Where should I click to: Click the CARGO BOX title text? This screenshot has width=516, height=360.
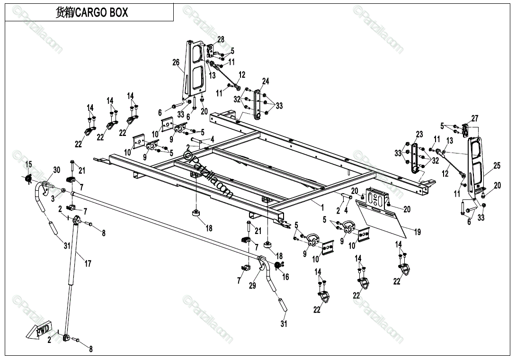click(x=92, y=13)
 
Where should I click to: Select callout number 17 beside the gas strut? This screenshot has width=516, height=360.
click(x=88, y=264)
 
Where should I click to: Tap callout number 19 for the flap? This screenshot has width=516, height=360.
click(x=417, y=232)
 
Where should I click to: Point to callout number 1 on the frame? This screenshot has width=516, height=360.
click(x=322, y=207)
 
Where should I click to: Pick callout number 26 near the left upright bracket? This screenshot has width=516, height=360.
click(x=176, y=63)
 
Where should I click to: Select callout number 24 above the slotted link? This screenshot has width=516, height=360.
click(x=266, y=81)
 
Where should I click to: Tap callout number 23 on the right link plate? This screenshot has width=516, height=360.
click(x=419, y=135)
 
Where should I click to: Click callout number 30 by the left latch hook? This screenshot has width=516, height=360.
click(x=57, y=170)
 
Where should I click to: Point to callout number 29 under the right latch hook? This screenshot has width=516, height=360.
click(x=252, y=286)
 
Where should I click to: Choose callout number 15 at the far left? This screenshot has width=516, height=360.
click(x=28, y=164)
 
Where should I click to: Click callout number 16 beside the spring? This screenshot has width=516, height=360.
click(x=285, y=277)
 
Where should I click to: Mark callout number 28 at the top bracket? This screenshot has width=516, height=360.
click(x=221, y=39)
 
